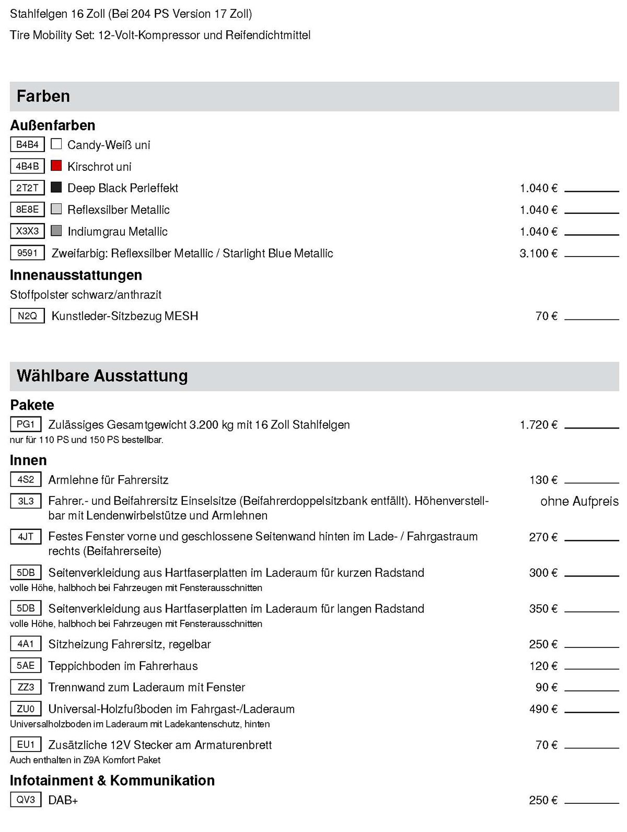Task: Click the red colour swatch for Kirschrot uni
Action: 56,166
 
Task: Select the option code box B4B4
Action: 27,144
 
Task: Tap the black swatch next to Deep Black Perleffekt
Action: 56,187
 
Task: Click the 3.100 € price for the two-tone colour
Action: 538,253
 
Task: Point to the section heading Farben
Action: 43,96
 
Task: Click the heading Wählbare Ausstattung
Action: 102,376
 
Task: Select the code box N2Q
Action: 27,316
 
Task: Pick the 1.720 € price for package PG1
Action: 538,425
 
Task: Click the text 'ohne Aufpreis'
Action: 579,501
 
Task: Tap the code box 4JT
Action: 26,536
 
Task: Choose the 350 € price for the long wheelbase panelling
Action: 543,609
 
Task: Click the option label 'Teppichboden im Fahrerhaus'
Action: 123,666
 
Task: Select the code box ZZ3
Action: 26,687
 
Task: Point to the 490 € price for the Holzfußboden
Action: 543,709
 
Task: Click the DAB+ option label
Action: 63,800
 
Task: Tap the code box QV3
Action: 26,800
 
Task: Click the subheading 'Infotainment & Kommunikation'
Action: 112,780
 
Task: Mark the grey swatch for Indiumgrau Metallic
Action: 56,230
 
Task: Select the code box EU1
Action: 26,744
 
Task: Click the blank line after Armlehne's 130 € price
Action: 591,482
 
